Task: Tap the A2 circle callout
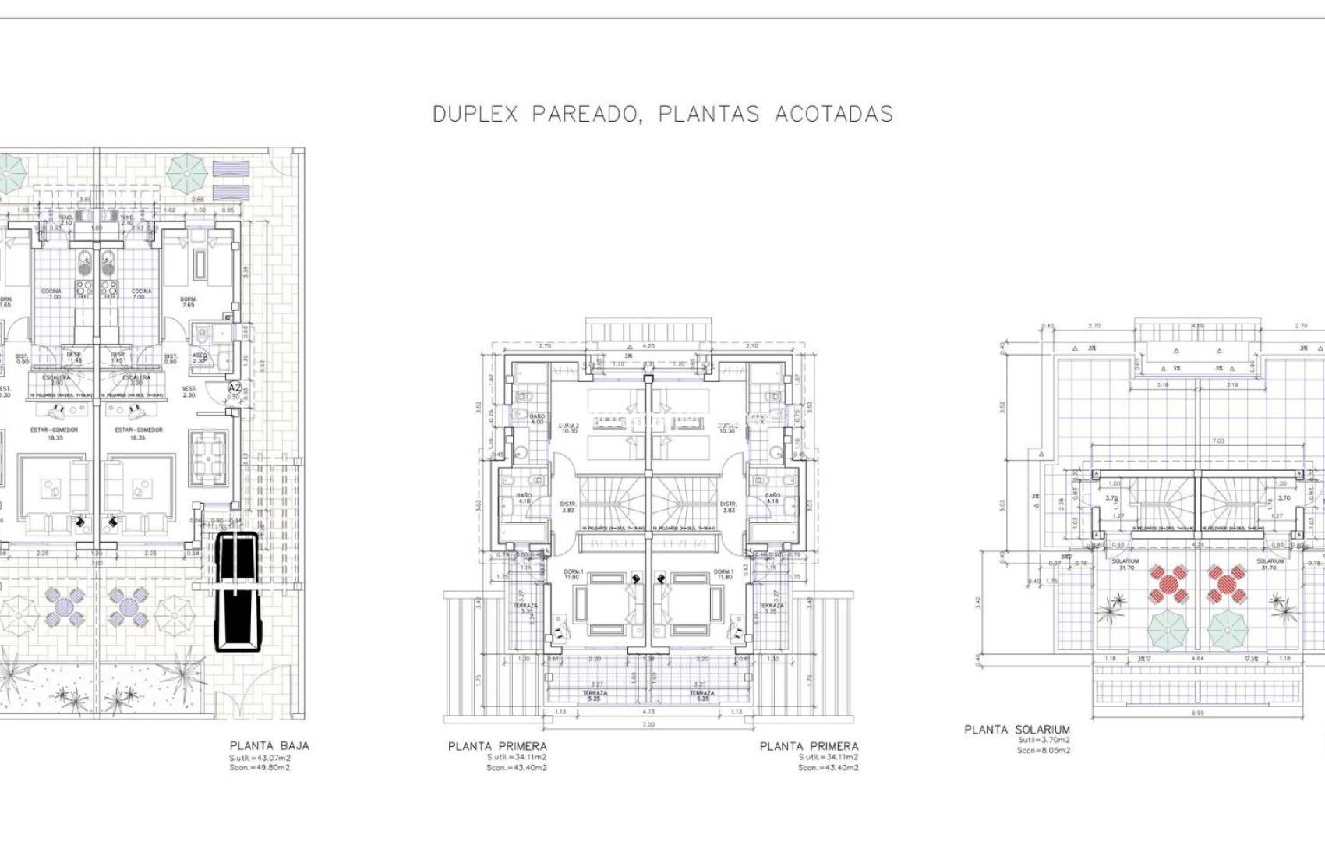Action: pos(235,387)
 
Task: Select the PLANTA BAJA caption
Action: pos(269,745)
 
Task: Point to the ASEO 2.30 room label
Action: pos(200,357)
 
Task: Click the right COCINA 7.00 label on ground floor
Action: pos(142,294)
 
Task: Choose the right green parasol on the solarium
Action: pos(1228,628)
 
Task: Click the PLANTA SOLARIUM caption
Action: pos(1017,730)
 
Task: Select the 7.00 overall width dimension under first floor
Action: pos(648,724)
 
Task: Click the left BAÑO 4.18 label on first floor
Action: pos(524,497)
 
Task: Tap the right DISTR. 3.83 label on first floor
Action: pos(728,507)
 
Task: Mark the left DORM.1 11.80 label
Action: pos(573,575)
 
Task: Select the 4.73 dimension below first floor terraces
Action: pos(648,712)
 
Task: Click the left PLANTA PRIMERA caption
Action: pos(497,746)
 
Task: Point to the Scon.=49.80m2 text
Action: pos(260,768)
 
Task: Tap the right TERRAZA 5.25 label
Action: pos(701,695)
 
